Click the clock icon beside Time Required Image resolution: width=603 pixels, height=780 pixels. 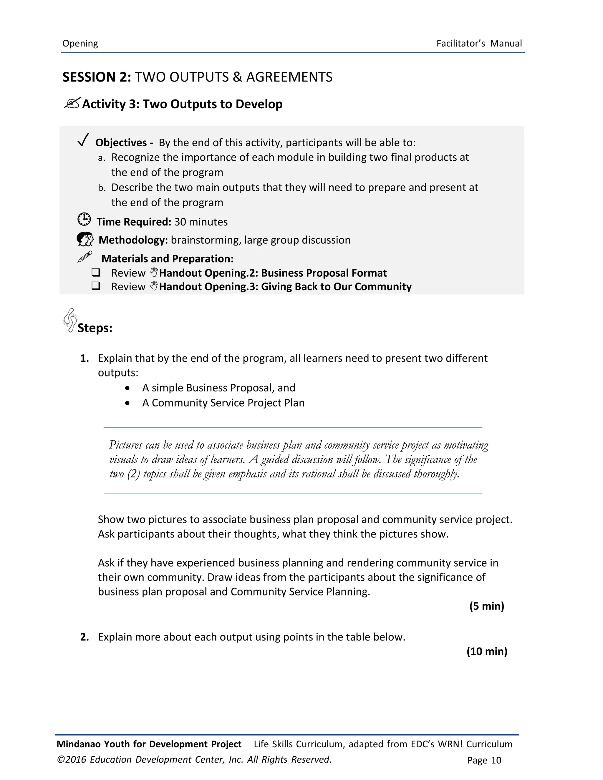coord(84,219)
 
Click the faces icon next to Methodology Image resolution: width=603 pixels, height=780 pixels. coord(85,239)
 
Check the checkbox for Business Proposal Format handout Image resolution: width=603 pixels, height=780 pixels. coord(96,273)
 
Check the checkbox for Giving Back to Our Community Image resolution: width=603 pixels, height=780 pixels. coord(96,286)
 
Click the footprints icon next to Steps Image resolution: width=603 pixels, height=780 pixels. coord(70,320)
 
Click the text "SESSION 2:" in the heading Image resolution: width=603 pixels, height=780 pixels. coord(97,77)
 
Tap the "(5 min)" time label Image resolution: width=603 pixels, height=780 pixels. coord(486,606)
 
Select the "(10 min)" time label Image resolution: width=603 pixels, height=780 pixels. coord(486,651)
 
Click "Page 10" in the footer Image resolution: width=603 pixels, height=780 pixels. coord(484,760)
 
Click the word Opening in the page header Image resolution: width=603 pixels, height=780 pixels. coord(80,44)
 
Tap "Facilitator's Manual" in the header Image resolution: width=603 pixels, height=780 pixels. coord(479,44)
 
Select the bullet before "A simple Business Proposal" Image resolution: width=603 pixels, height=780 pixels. coord(128,388)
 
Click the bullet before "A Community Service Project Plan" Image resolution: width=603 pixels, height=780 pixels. coord(128,403)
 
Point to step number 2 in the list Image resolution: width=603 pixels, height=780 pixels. coord(84,637)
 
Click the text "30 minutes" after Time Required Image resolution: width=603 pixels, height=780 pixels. coord(201,222)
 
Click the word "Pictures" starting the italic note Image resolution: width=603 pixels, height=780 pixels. coord(126,445)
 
